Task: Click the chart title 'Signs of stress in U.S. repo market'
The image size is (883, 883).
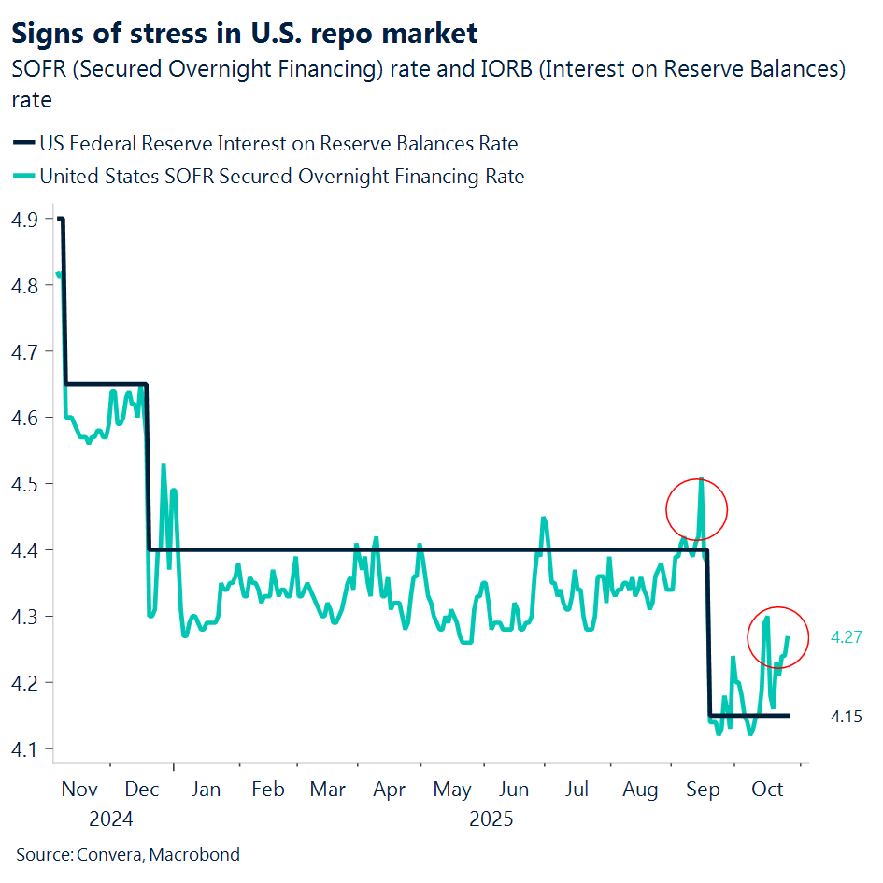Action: point(244,34)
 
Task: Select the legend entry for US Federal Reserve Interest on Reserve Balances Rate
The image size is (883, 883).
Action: point(278,143)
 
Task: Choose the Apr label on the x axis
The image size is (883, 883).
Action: point(390,790)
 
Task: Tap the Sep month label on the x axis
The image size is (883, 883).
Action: point(703,790)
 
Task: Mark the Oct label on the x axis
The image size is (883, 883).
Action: point(767,790)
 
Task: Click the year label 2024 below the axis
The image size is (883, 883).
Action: point(111,819)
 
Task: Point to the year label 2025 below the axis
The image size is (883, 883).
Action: point(491,819)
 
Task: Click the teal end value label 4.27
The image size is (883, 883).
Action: point(846,637)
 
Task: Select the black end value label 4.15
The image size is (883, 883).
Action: point(846,717)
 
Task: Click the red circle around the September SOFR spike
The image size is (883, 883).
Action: point(696,509)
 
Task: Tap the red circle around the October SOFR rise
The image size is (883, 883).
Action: point(778,637)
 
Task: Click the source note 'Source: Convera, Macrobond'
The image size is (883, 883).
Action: point(128,854)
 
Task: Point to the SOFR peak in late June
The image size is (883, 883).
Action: point(543,518)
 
